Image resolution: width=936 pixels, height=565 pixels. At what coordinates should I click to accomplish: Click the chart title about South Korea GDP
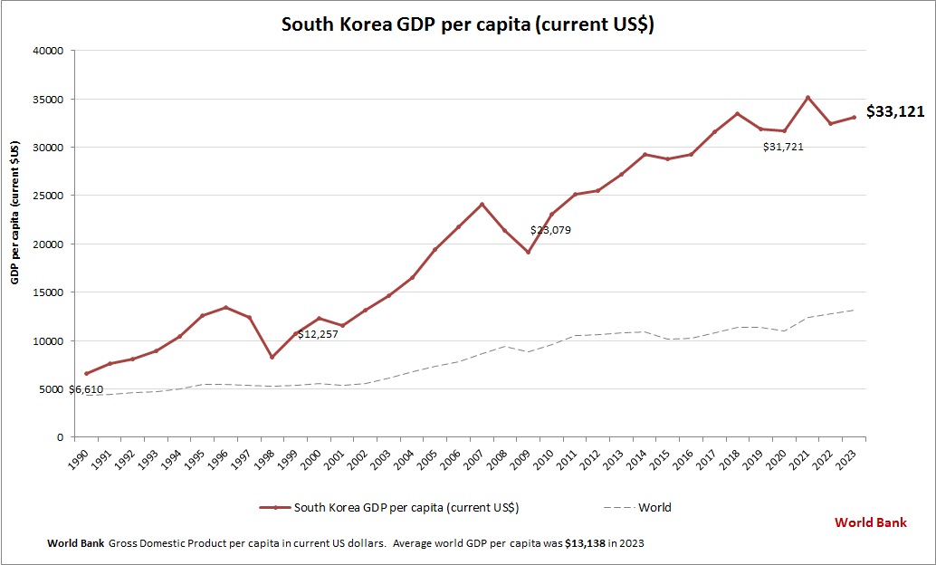[x=467, y=24]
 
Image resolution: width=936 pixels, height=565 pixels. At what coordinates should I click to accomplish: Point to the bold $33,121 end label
[x=894, y=112]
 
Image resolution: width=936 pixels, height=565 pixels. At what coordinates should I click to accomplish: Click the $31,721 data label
[x=783, y=147]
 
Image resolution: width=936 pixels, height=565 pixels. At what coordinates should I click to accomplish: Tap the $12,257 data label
[x=324, y=334]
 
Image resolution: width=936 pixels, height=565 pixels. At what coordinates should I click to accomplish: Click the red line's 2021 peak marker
[x=807, y=98]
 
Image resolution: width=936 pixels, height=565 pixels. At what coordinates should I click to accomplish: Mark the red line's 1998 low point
[x=271, y=357]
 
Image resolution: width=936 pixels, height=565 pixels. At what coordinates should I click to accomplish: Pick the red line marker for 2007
[x=482, y=204]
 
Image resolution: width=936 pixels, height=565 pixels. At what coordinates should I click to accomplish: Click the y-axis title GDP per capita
[x=15, y=212]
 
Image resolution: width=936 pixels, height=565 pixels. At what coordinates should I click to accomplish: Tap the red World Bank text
[x=870, y=522]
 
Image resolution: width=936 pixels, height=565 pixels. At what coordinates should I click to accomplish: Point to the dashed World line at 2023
[x=854, y=310]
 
